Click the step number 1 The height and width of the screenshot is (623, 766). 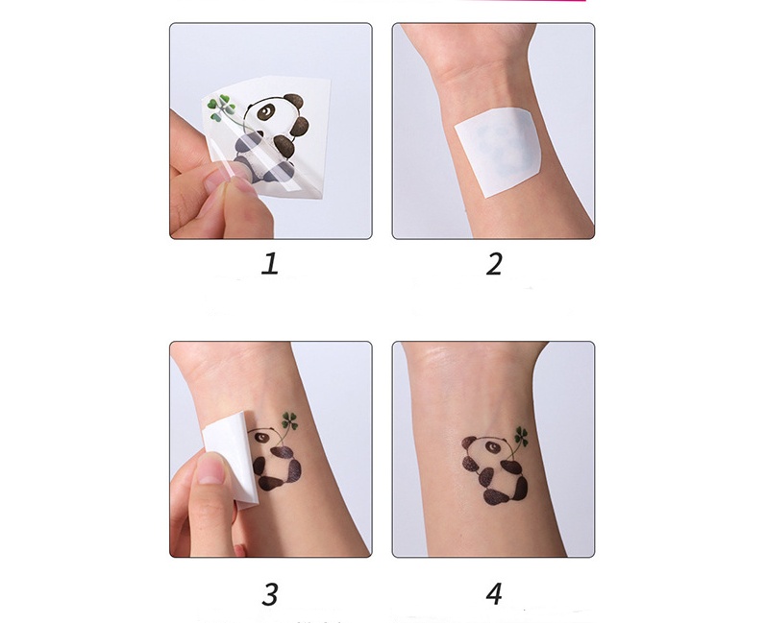(x=270, y=264)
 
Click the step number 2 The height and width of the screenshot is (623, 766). (x=494, y=264)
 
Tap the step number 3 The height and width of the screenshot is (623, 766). (x=270, y=594)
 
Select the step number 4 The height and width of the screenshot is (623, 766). (x=494, y=594)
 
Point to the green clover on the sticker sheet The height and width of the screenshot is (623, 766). (x=221, y=106)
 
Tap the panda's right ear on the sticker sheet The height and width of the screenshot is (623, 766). (x=295, y=100)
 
